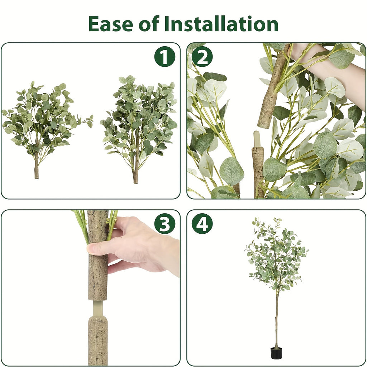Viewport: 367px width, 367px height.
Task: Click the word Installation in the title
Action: pos(221,24)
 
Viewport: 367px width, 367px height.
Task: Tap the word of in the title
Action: pos(148,24)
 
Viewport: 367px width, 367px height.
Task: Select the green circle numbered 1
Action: pos(165,57)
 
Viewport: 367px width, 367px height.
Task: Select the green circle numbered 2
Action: pos(202,57)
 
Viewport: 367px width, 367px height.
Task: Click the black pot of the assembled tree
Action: pos(276,353)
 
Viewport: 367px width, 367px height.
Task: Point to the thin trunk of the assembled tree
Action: pos(276,319)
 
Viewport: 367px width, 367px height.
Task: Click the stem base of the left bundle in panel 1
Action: pos(36,170)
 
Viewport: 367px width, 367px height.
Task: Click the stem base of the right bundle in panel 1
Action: pos(135,176)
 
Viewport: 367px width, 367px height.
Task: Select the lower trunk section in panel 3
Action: pos(97,340)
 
